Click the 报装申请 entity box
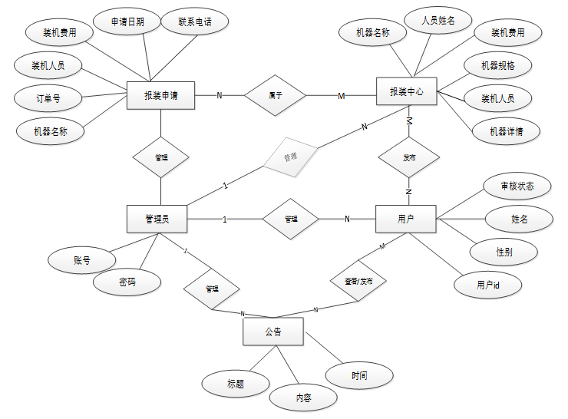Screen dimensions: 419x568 pos(160,95)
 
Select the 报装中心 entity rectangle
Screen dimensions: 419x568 pos(407,92)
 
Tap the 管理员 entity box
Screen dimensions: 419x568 pos(157,219)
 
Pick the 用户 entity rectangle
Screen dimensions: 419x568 pos(406,219)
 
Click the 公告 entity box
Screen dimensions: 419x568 pos(273,333)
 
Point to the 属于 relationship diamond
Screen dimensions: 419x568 pos(275,95)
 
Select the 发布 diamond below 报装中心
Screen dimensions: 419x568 pos(409,157)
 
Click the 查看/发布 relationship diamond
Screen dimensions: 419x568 pos(358,282)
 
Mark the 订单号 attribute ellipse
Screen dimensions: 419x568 pos(48,98)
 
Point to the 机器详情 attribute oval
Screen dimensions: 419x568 pos(505,131)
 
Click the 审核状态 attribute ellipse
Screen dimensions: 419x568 pos(517,186)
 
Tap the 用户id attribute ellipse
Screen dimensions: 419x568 pos(488,285)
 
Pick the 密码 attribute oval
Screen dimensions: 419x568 pos(127,282)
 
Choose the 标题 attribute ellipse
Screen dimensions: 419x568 pos(236,384)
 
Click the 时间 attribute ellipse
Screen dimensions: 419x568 pos(359,376)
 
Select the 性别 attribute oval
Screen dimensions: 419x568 pos(504,252)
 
